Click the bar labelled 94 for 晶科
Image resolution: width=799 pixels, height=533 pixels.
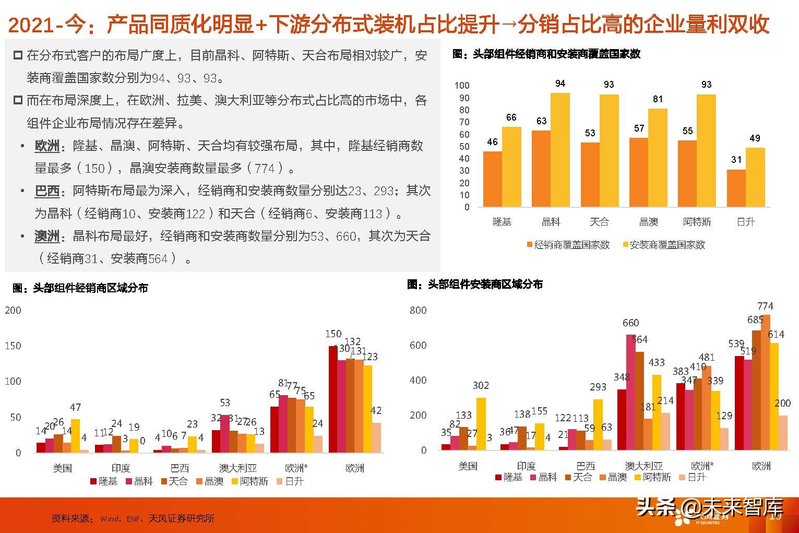pyautogui.click(x=560, y=150)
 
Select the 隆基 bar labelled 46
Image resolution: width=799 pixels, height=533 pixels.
pyautogui.click(x=492, y=179)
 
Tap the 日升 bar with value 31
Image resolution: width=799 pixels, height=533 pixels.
pyautogui.click(x=736, y=188)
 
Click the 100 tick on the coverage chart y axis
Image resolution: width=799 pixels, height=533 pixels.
pyautogui.click(x=462, y=86)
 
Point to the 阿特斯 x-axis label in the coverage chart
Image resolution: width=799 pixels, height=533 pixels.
pyautogui.click(x=697, y=222)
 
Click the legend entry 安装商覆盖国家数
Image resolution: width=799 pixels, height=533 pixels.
pyautogui.click(x=664, y=245)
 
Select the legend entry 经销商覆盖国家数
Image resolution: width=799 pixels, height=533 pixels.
pyautogui.click(x=568, y=245)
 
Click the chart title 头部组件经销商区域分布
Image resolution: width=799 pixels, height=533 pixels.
pyautogui.click(x=80, y=288)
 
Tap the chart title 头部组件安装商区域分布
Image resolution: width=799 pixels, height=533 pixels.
pyautogui.click(x=475, y=285)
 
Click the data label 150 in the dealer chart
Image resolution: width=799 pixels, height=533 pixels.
pyautogui.click(x=333, y=334)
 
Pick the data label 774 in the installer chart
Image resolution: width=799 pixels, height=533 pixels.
pyautogui.click(x=765, y=306)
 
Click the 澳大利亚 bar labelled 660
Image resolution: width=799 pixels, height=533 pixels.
pyautogui.click(x=630, y=392)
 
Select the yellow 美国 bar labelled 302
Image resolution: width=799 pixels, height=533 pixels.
pyautogui.click(x=481, y=423)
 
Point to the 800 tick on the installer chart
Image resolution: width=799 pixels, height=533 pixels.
pyautogui.click(x=418, y=310)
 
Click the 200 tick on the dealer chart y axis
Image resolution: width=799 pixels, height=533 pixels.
pyautogui.click(x=13, y=310)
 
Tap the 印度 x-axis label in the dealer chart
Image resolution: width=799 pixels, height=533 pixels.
pyautogui.click(x=121, y=468)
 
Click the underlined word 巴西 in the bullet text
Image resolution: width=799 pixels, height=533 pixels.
pyautogui.click(x=47, y=191)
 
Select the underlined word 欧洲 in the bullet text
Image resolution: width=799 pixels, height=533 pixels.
pyautogui.click(x=47, y=146)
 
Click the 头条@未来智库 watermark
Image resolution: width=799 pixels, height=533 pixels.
pyautogui.click(x=709, y=506)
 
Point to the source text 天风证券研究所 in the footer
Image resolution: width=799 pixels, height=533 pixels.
pyautogui.click(x=182, y=518)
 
